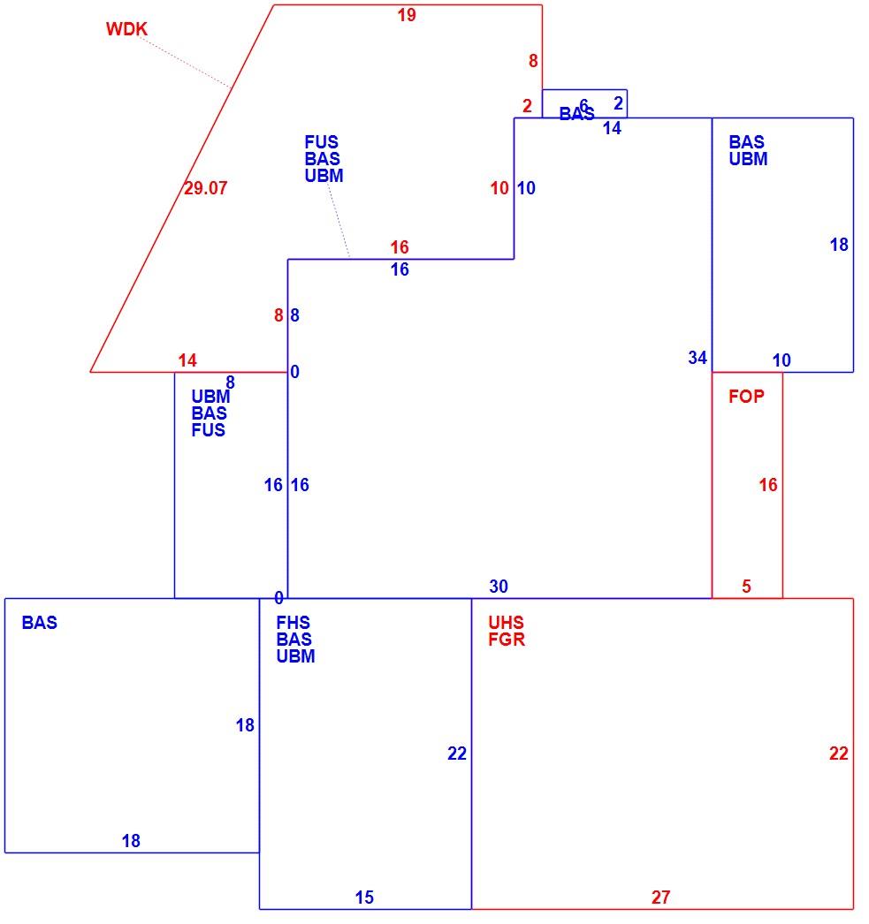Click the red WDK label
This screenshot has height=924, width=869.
126,29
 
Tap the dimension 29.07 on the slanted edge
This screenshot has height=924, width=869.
206,188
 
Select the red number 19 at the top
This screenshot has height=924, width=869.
407,15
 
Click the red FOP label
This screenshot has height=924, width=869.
746,396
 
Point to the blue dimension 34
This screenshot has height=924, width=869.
697,358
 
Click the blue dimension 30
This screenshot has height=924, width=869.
499,587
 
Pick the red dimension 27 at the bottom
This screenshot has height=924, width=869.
661,897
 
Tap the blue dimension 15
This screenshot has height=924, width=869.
364,897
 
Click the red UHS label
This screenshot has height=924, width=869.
506,622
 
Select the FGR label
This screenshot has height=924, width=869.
507,640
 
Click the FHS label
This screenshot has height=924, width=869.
293,622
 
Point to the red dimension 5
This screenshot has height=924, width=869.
746,587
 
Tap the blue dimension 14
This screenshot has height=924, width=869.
612,128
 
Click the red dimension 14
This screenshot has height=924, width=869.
187,360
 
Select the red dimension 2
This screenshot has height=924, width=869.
527,106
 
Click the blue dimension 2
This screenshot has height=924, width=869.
618,103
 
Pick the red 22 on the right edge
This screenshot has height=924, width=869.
838,754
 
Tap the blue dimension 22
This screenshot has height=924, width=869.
457,754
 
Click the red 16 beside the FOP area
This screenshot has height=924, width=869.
768,485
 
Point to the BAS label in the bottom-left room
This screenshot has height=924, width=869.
40,622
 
